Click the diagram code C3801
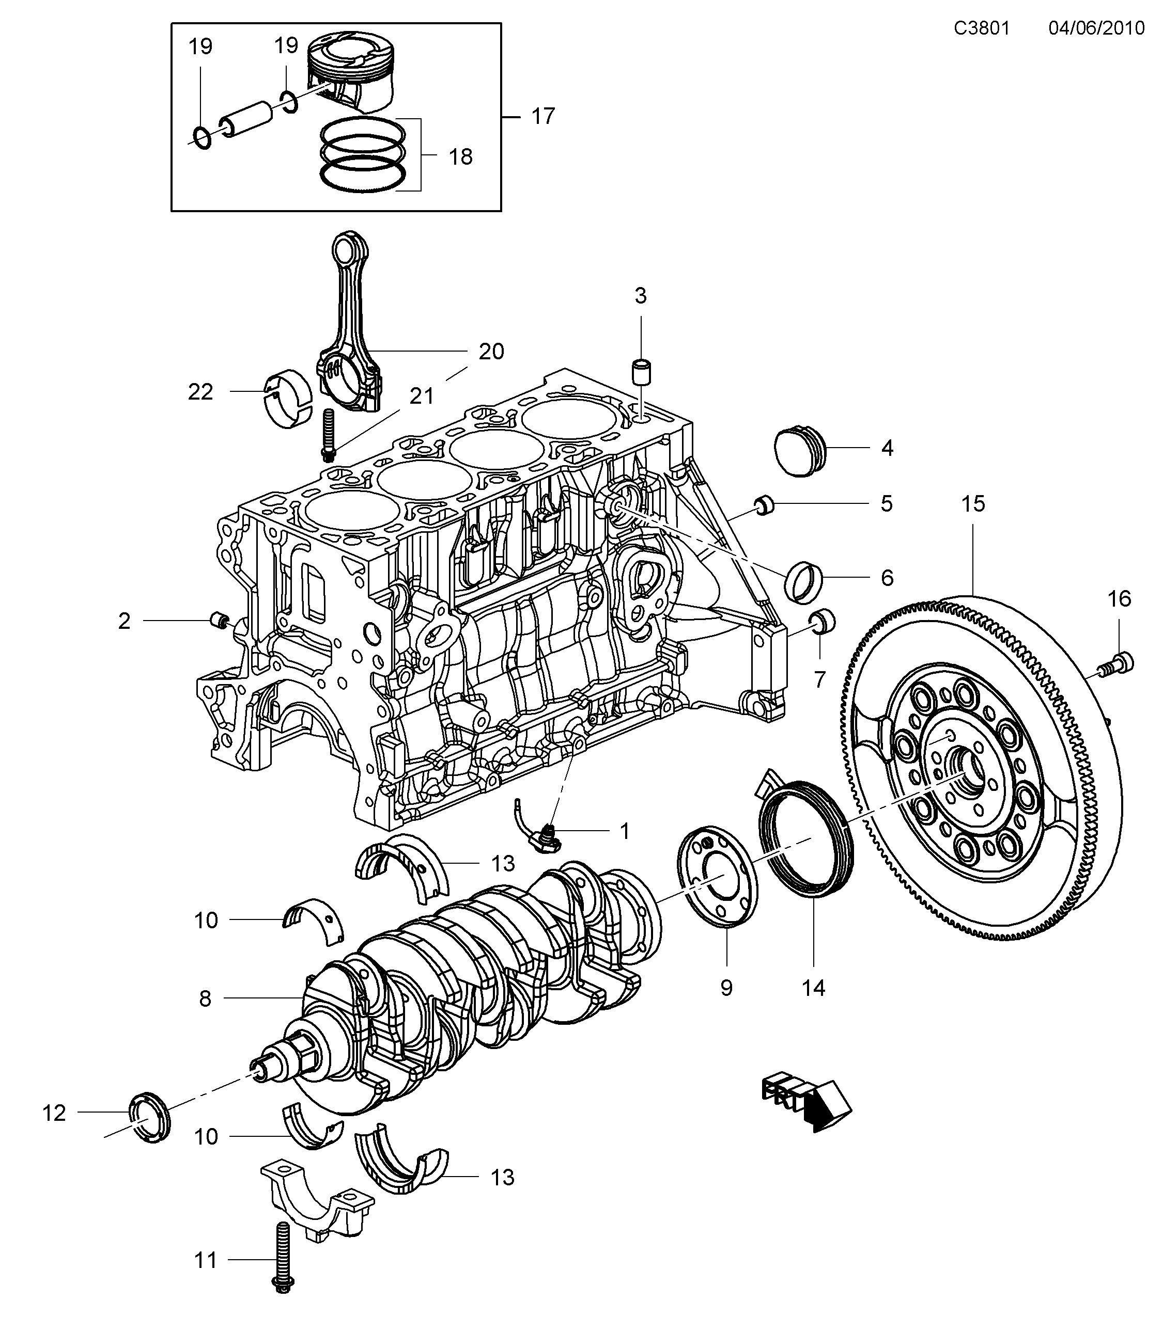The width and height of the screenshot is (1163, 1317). (982, 28)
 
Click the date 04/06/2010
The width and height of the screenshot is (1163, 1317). (1096, 28)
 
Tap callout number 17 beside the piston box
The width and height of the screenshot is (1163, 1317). (543, 117)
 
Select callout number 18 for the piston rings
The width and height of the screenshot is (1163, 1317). (460, 156)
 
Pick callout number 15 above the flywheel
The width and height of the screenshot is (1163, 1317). (973, 504)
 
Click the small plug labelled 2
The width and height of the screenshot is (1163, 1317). (220, 621)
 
